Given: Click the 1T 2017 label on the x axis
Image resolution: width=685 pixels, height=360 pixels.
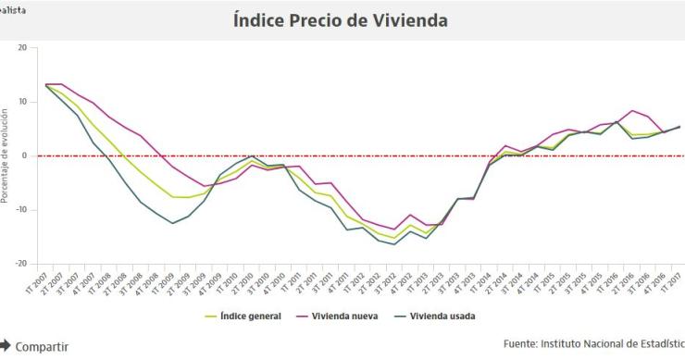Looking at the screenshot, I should (x=671, y=281).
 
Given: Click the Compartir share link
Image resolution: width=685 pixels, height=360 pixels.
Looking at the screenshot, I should (x=41, y=346).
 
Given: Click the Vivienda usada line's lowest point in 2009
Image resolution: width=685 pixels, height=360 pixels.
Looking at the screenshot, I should (x=172, y=223).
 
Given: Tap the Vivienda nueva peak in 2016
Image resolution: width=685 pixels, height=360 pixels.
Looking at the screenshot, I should (x=631, y=111).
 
